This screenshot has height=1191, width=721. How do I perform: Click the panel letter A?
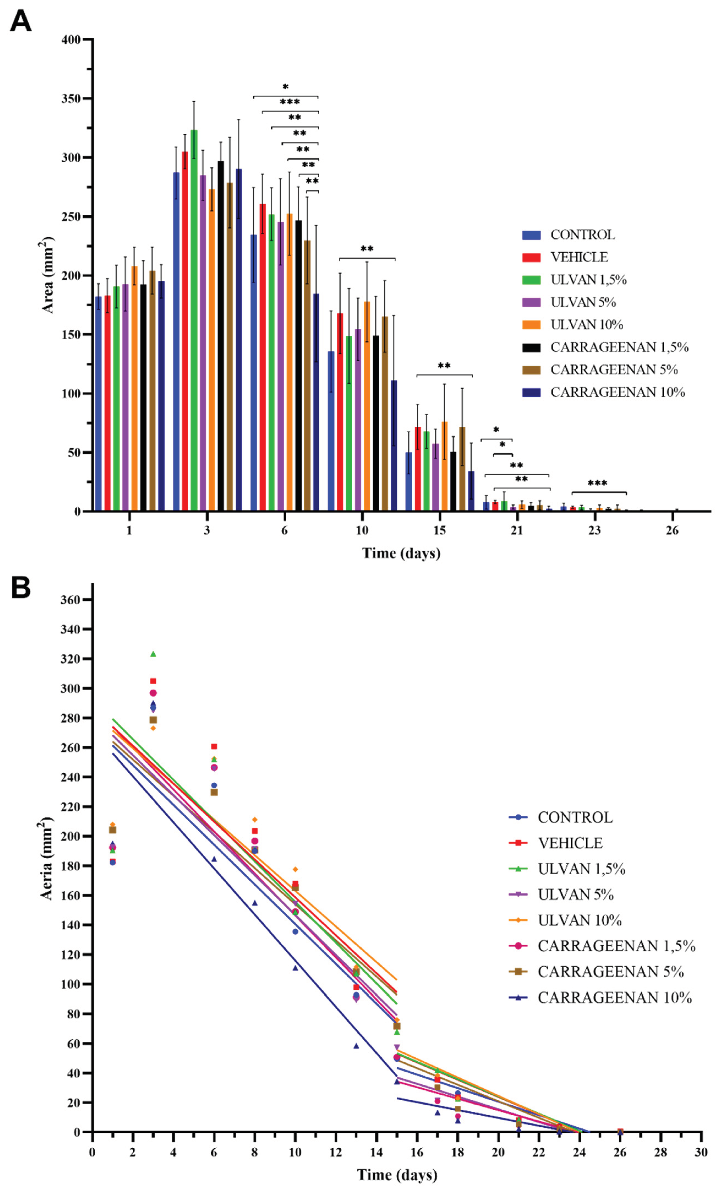(20, 22)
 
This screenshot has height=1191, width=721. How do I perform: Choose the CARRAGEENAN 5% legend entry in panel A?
(614, 370)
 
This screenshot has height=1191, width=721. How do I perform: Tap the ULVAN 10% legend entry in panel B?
(579, 920)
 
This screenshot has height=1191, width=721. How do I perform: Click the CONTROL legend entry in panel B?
(575, 817)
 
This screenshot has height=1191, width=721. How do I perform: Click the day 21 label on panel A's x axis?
(517, 530)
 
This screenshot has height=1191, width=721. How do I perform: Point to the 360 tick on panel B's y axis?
(70, 599)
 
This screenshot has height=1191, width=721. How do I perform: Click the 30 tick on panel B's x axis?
(701, 1152)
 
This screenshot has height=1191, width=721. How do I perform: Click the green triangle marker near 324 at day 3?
(153, 654)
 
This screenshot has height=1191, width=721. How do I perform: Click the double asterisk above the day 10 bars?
(367, 249)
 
